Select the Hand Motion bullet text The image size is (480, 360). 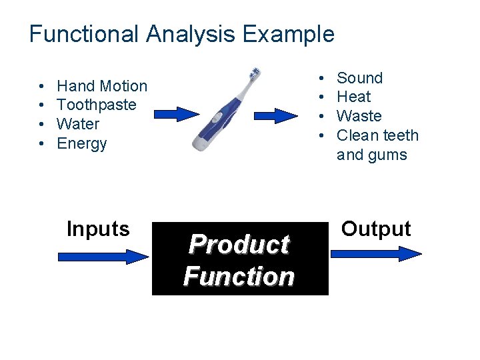[x=102, y=86]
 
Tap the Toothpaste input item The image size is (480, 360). [x=97, y=105]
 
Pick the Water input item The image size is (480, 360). [x=78, y=124]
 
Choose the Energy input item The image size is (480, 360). [x=82, y=143]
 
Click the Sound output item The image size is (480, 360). [x=360, y=78]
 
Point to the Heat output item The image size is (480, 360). [x=354, y=97]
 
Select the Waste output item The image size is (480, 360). [x=359, y=116]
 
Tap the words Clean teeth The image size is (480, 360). [x=378, y=135]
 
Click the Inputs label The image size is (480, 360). [x=98, y=229]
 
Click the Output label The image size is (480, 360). [x=376, y=229]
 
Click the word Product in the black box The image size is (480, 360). [x=239, y=245]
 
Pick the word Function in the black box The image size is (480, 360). [x=239, y=276]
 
